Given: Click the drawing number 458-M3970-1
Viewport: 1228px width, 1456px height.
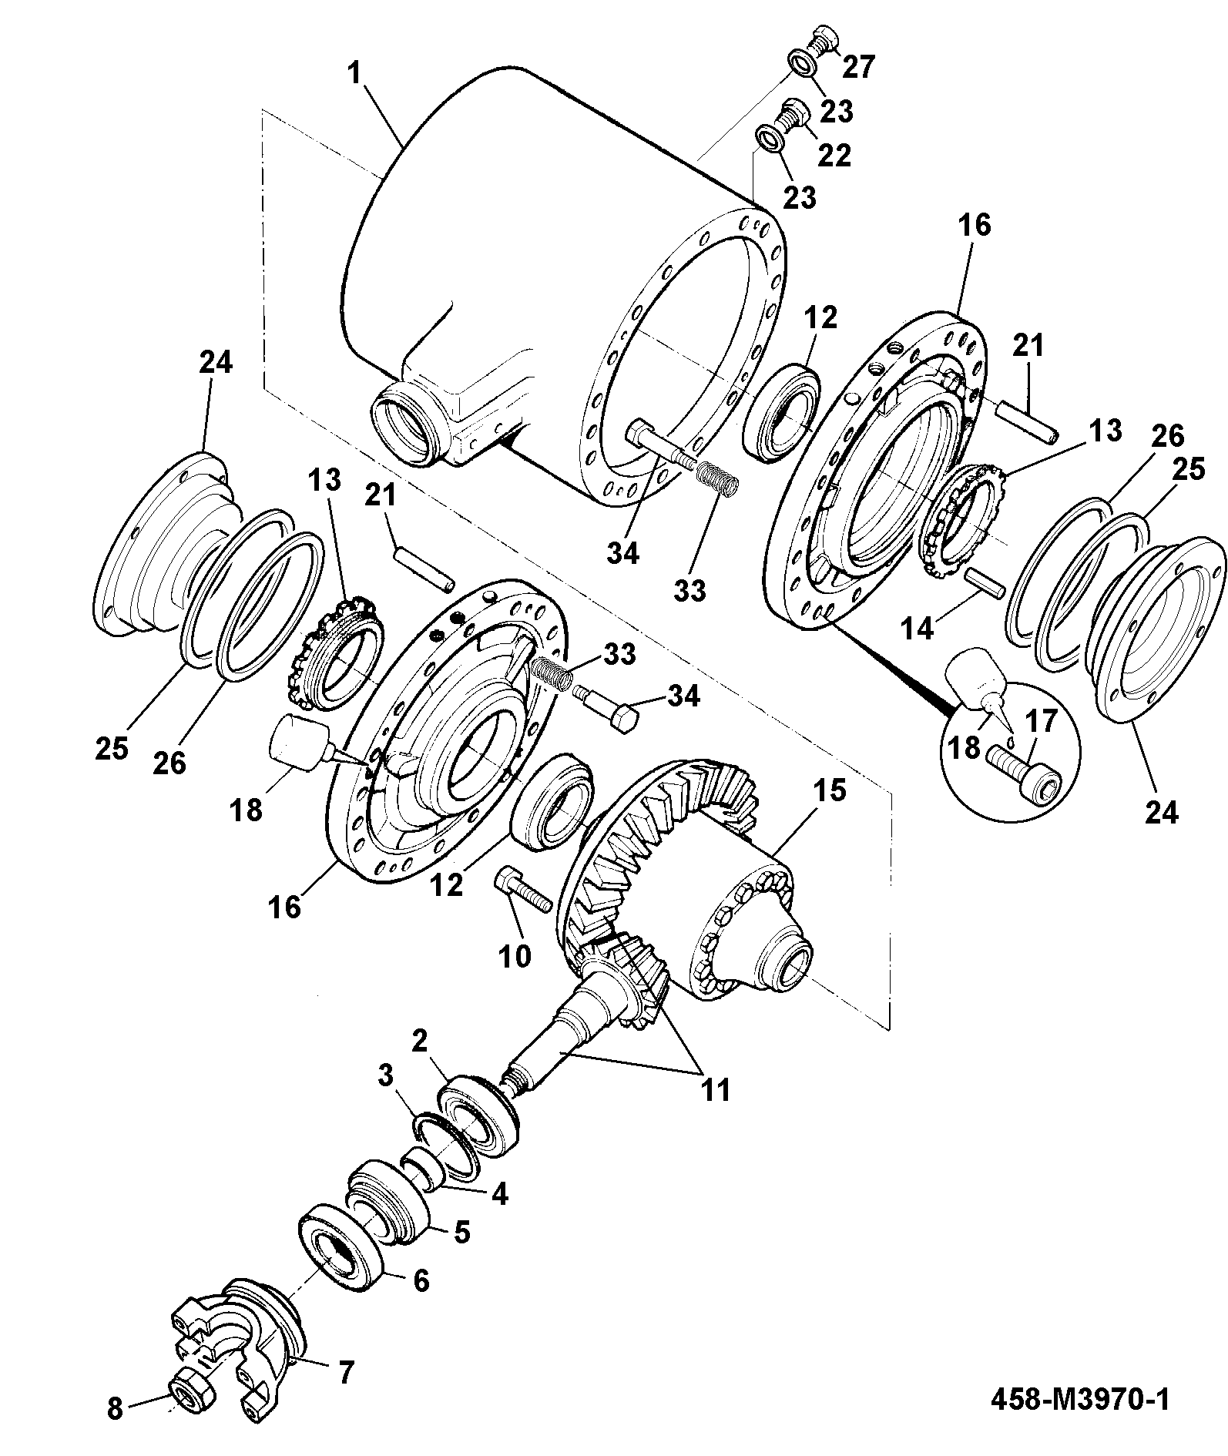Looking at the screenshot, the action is [x=1079, y=1399].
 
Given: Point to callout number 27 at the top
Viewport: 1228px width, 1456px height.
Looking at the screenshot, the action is [x=858, y=66].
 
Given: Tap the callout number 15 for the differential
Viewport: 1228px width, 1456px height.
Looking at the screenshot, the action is [x=827, y=791].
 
